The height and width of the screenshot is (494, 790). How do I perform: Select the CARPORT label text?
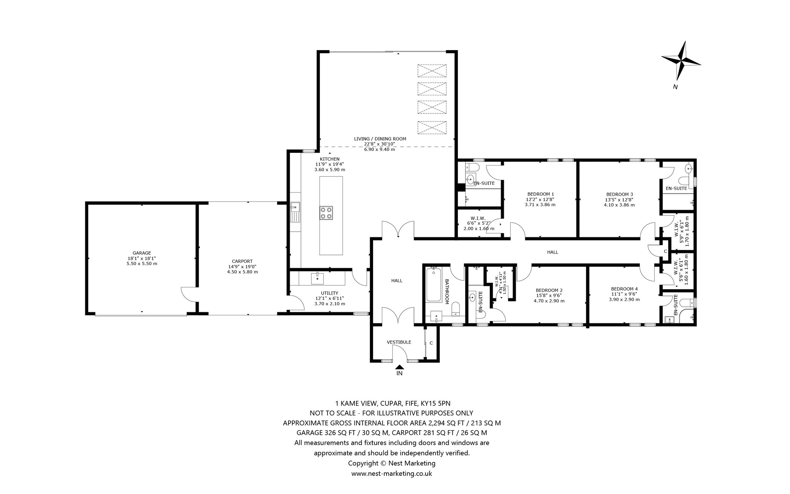tap(242, 261)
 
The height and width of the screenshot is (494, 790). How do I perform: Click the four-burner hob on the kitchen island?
tap(326, 213)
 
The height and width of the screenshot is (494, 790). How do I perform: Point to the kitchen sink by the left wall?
tap(295, 212)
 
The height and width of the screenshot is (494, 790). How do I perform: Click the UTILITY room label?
tap(329, 293)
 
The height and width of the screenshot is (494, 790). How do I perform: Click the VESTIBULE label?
tap(399, 342)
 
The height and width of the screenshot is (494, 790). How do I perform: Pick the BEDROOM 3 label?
tap(619, 194)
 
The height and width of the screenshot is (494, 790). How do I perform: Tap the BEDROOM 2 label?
tap(549, 290)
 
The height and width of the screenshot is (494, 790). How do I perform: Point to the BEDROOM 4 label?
tap(624, 289)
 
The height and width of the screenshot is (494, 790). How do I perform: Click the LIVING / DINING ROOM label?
tap(380, 139)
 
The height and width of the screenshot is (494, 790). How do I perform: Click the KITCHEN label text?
tap(329, 159)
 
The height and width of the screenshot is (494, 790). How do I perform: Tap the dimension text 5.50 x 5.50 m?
tap(142, 264)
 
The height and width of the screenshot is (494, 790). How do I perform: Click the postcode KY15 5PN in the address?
tap(434, 404)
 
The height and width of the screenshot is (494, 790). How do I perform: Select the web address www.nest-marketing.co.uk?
tap(392, 474)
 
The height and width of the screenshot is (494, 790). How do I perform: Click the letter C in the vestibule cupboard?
tap(431, 343)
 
